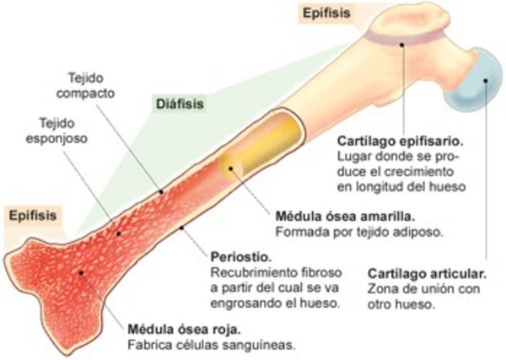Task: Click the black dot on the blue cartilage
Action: tap(486, 82)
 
